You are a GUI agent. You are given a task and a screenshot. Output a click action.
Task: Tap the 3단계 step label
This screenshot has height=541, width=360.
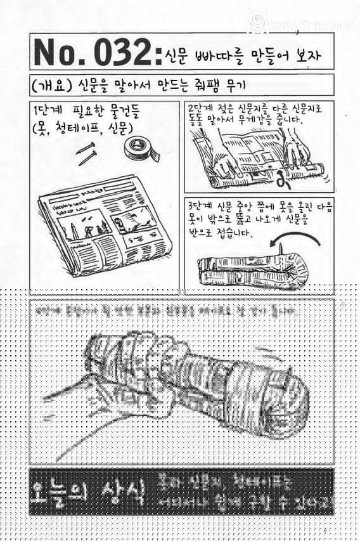coord(202,207)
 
